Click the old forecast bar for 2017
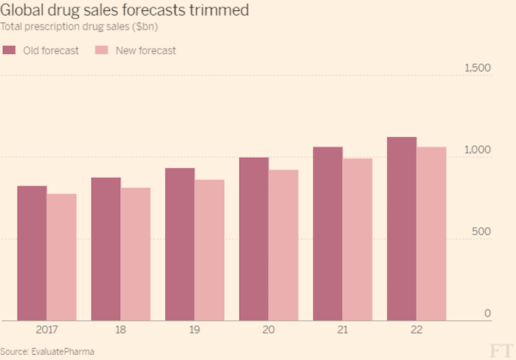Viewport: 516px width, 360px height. (x=32, y=253)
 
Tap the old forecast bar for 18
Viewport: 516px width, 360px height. (x=105, y=249)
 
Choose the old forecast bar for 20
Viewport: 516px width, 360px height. (x=254, y=239)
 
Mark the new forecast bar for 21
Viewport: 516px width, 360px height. (x=357, y=240)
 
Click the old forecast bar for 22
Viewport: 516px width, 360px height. (x=401, y=229)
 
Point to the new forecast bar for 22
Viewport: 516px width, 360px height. (x=431, y=234)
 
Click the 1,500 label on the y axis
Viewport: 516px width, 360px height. (x=477, y=68)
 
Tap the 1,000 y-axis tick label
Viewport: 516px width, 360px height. (x=477, y=150)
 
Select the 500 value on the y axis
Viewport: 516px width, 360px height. (x=481, y=232)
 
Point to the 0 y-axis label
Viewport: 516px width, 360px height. (x=487, y=314)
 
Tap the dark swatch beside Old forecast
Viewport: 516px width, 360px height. (x=10, y=50)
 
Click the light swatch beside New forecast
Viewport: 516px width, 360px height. (x=102, y=50)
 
